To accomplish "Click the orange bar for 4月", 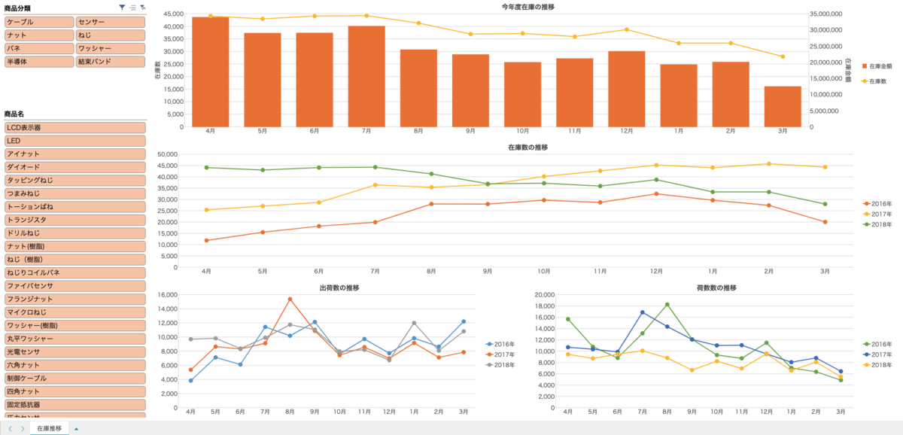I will (x=211, y=71).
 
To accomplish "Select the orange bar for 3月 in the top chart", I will (x=783, y=106).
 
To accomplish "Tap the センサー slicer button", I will (x=109, y=23).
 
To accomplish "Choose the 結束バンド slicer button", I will (x=109, y=61).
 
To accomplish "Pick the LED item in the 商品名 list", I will (x=74, y=141).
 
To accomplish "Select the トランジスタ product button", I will (x=74, y=220).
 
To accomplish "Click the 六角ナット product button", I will (x=74, y=365).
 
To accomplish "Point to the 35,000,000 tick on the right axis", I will (x=828, y=14).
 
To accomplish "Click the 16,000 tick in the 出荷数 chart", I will (x=167, y=294).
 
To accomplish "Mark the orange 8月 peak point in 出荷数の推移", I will (x=290, y=300).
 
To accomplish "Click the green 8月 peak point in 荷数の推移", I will (x=667, y=305).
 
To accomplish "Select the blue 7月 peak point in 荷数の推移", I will (x=643, y=312).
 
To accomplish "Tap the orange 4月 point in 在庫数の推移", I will (x=207, y=241).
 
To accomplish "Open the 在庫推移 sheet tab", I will (x=50, y=428).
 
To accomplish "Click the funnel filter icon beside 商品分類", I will (x=122, y=7).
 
